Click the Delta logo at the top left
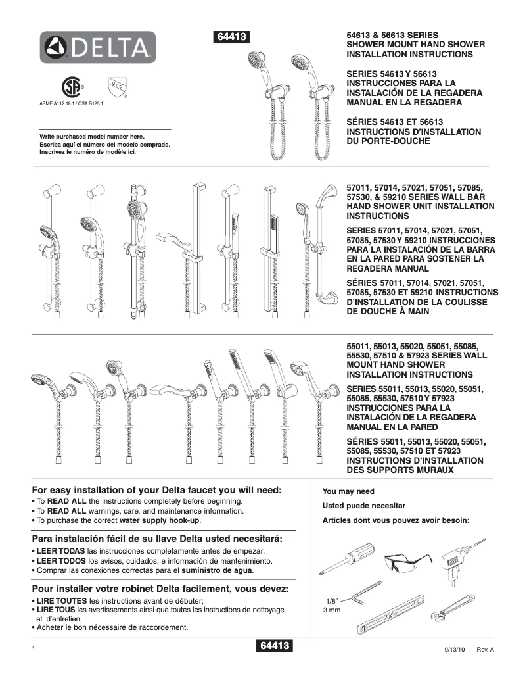98,47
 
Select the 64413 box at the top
231,37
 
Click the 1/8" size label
332,602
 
